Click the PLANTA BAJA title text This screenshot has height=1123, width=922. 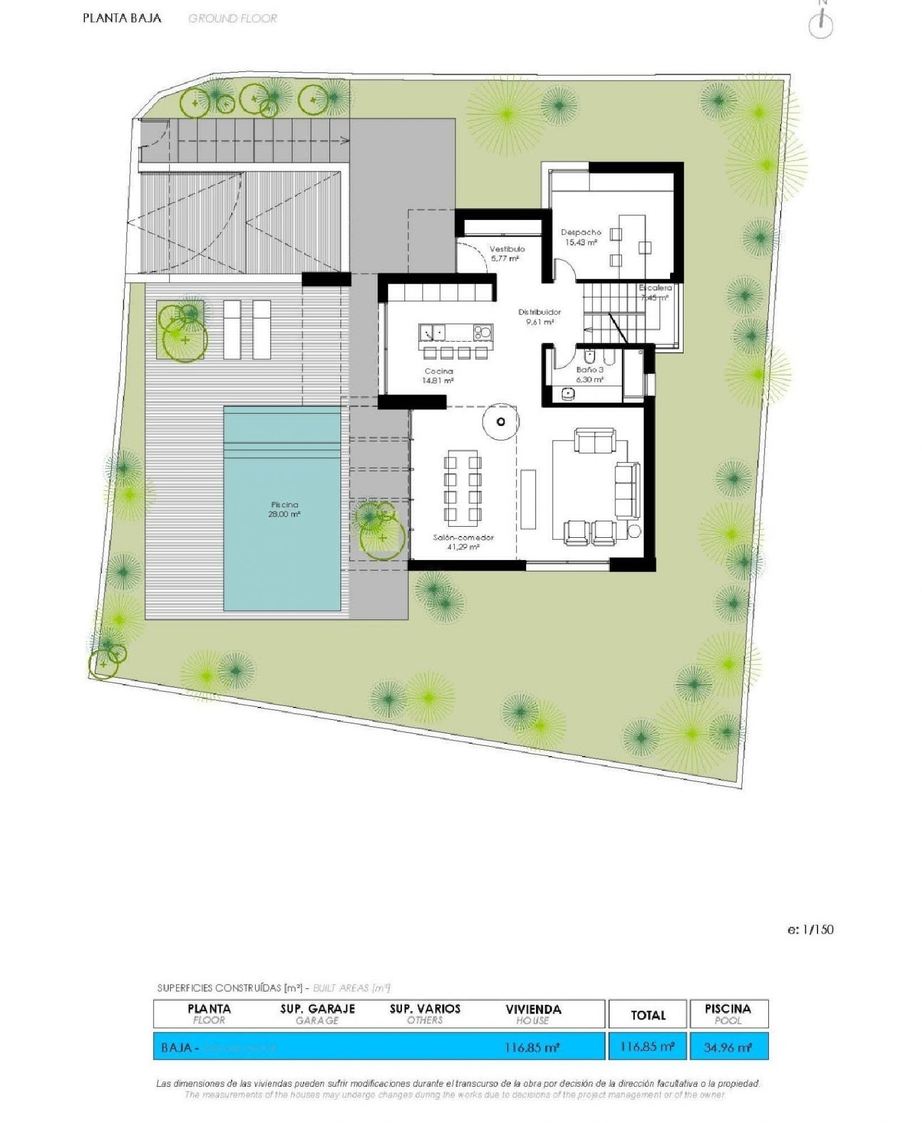[x=122, y=18]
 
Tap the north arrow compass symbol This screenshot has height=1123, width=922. [x=821, y=25]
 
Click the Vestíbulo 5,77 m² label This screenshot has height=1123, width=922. [x=506, y=253]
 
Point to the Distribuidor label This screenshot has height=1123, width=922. [x=539, y=317]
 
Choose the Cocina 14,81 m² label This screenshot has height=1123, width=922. [x=438, y=376]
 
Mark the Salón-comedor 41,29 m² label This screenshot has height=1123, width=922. [x=463, y=542]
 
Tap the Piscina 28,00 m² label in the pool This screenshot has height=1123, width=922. [x=283, y=509]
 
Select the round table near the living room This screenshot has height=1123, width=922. [x=500, y=421]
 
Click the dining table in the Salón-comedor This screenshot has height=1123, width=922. [x=463, y=487]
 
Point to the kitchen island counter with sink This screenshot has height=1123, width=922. [x=455, y=333]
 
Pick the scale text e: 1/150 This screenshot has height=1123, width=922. [x=810, y=929]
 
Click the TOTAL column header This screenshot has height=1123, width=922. [x=648, y=1015]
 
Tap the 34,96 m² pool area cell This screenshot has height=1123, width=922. [x=728, y=1047]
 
